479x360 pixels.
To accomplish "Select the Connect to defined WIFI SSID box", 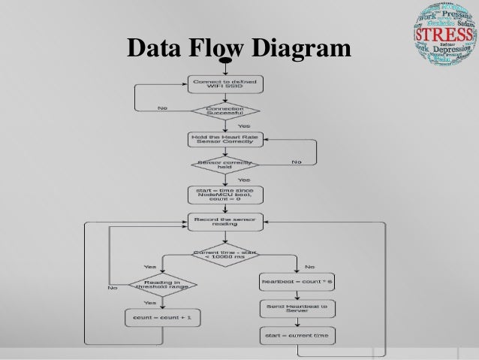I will pos(225,84).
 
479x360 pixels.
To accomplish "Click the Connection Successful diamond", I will pos(225,111).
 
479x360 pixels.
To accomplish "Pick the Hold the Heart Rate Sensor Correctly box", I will pos(225,139).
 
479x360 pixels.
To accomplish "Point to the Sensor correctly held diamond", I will pos(225,165).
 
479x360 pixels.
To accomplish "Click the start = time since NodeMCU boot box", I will pos(225,194).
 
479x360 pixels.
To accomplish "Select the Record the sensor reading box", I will pos(225,222).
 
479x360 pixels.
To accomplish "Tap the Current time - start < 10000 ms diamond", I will pos(225,255).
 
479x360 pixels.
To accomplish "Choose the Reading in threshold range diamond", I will pos(163,285).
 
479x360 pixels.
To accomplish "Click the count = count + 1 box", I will pos(163,318).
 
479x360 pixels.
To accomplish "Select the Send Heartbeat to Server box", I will pos(297,308).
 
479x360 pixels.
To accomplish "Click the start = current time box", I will pos(297,334).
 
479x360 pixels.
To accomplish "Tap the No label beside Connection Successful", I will pos(162,107).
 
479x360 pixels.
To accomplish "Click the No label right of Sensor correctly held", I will pos(297,162).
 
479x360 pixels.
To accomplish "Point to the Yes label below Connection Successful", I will pos(244,126).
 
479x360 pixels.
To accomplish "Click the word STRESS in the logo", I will pos(443,35).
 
